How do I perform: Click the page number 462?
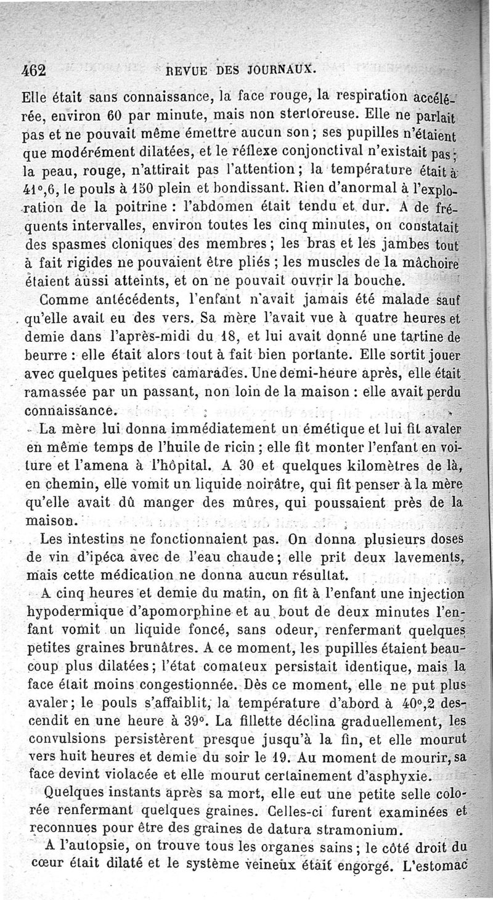click(x=33, y=68)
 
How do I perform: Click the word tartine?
click(x=416, y=337)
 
